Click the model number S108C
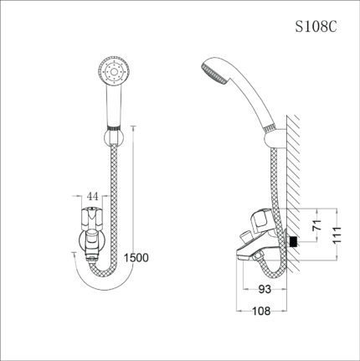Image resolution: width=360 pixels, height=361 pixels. point(317,27)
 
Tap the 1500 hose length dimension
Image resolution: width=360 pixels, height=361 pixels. point(138,257)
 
